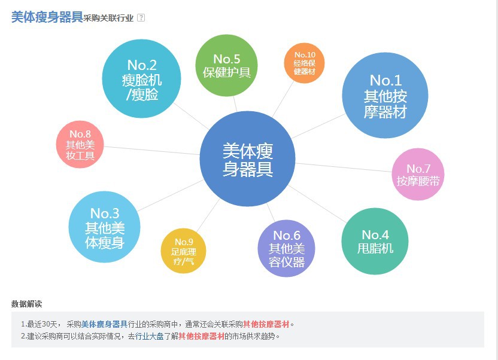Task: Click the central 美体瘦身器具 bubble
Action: click(247, 159)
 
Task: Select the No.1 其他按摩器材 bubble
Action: click(385, 96)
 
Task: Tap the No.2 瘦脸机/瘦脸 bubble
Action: click(142, 79)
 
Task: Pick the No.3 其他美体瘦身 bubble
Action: click(105, 227)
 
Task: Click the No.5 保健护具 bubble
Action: click(227, 66)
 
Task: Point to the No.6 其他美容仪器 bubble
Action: click(287, 248)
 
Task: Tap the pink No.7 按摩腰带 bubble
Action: click(418, 174)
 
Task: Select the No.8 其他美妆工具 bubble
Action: click(80, 145)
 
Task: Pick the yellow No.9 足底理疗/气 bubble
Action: click(183, 251)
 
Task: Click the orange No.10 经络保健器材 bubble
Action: click(304, 63)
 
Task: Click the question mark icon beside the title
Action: click(141, 17)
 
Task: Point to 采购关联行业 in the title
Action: click(108, 18)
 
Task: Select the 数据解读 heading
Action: click(26, 304)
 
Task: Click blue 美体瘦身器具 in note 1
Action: click(104, 324)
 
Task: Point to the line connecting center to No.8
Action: click(150, 150)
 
